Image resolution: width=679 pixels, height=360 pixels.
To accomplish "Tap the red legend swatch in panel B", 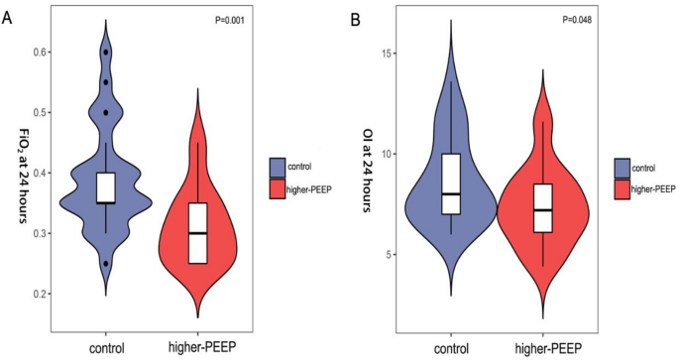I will point(623,187).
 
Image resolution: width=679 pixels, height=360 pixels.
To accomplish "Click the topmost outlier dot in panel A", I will point(106,52).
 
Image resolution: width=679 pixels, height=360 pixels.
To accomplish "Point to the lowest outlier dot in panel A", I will point(106,264).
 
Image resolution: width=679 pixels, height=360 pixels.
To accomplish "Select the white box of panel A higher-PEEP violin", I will point(198,233).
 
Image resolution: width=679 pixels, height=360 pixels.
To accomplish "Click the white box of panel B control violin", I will point(451,184).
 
